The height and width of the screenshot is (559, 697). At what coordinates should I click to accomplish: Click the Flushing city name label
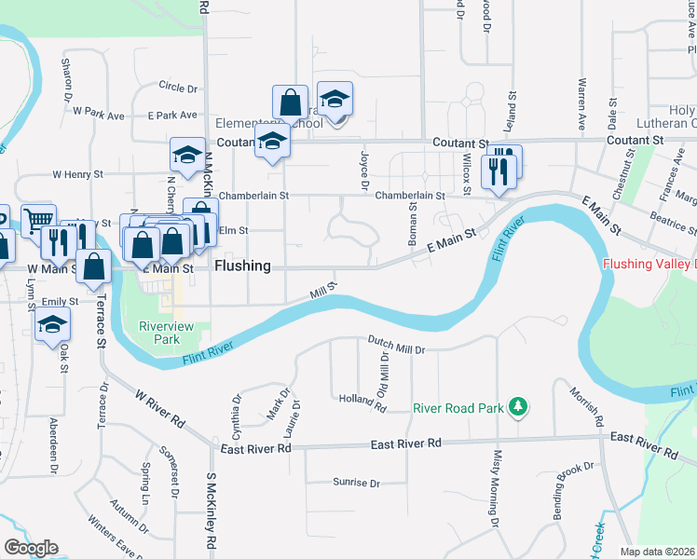tap(242, 266)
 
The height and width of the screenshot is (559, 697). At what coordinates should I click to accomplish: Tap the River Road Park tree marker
tap(519, 406)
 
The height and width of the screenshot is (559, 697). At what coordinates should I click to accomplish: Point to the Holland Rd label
tap(362, 402)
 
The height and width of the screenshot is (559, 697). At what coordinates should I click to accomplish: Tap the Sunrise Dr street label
tap(356, 483)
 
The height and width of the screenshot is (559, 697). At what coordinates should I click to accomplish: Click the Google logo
tap(31, 548)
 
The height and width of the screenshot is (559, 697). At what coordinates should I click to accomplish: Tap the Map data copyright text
tap(657, 552)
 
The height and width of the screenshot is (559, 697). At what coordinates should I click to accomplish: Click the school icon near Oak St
tap(53, 325)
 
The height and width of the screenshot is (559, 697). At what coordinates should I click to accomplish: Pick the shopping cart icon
tap(38, 221)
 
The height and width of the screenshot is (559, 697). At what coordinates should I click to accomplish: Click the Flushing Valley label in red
tap(649, 264)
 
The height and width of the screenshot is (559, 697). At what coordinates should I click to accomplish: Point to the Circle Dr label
tap(178, 89)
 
